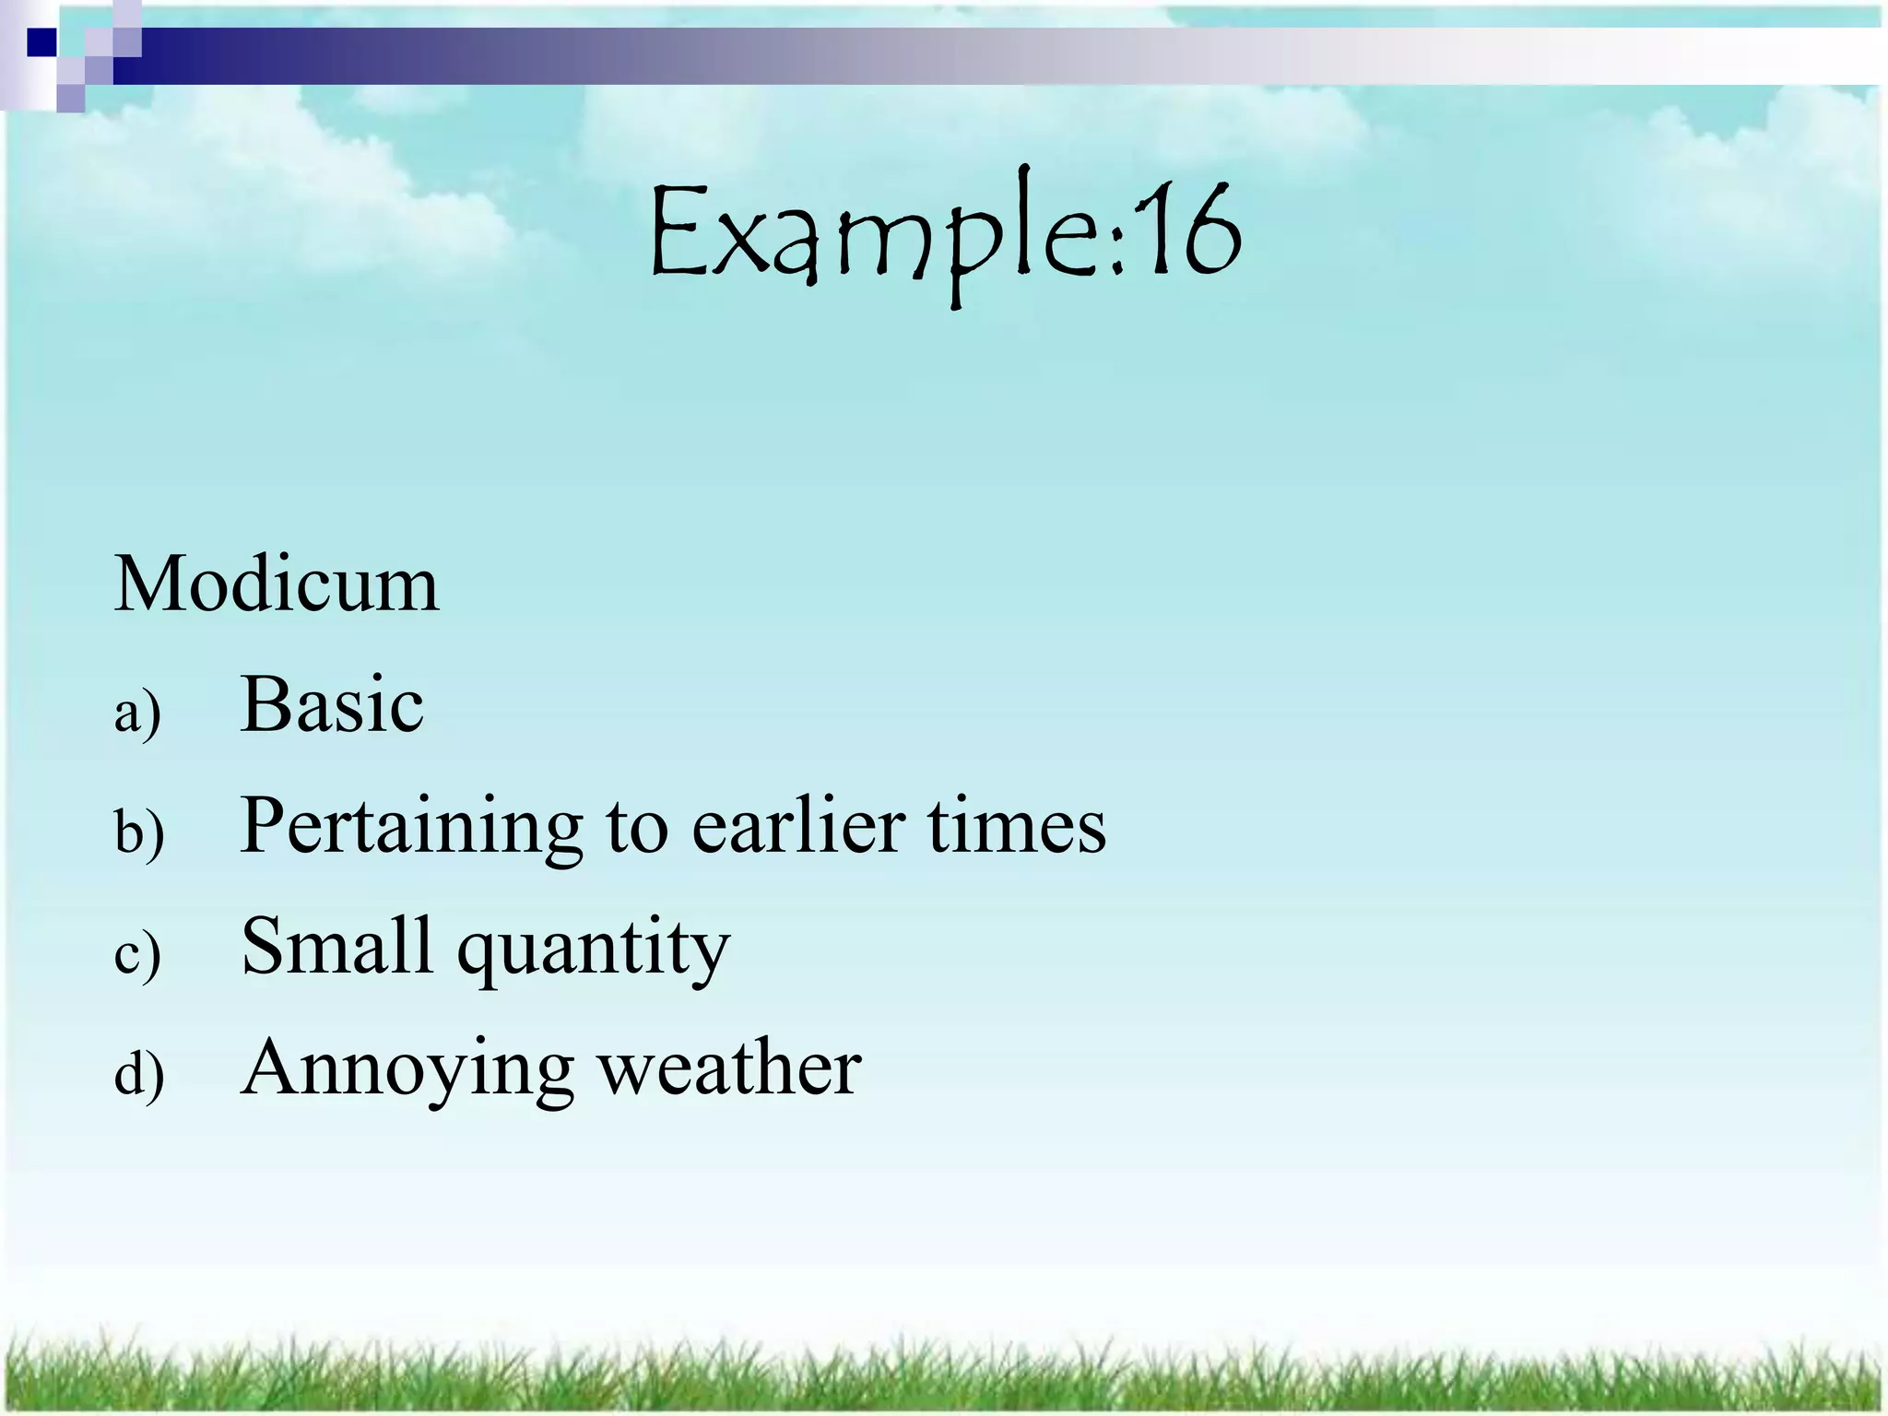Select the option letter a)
click(x=137, y=713)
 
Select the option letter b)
click(x=139, y=832)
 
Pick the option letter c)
click(x=137, y=954)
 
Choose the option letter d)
click(x=139, y=1074)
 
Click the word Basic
click(x=332, y=705)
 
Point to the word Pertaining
click(x=411, y=827)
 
